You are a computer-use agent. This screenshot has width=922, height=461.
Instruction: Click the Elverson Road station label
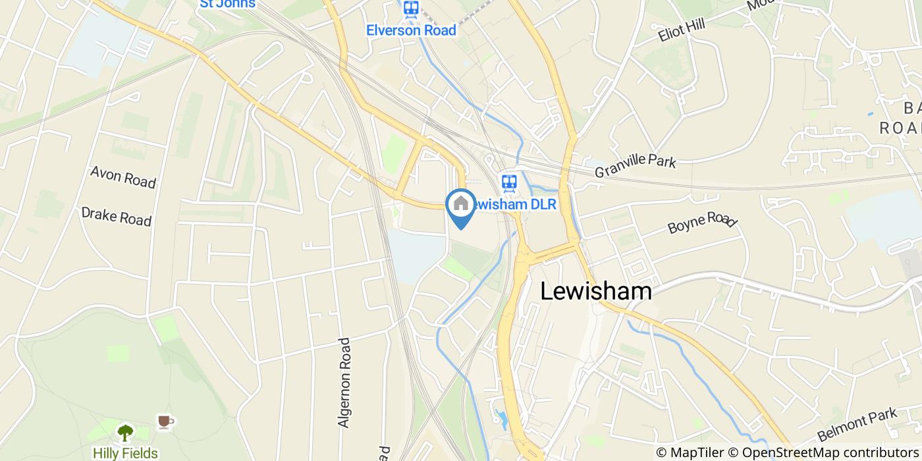coord(411,30)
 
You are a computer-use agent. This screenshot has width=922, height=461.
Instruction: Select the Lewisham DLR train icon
coord(508,182)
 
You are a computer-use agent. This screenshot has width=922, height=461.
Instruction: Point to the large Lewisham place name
coord(596,291)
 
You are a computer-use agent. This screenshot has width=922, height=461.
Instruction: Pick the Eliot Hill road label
coord(681,30)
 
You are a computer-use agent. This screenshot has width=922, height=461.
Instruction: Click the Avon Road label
coord(123,177)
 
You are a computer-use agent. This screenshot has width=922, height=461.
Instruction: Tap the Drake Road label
coord(116,216)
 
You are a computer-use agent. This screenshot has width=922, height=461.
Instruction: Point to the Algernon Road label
coord(344,383)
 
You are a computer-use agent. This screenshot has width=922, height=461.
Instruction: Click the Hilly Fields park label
coord(125,453)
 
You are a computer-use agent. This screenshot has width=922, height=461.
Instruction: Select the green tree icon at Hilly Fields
coord(125,433)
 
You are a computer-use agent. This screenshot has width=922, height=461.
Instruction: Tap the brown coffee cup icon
coord(164,421)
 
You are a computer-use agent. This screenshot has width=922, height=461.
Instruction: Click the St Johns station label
coord(227,4)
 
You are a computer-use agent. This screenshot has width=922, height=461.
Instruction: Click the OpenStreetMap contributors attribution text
coord(830,452)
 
